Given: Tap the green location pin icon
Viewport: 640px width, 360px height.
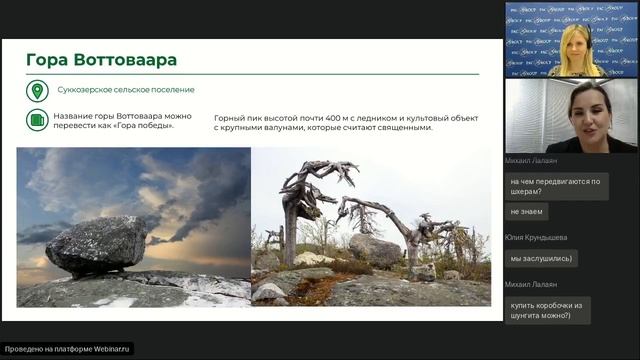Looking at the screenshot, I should click(x=37, y=90).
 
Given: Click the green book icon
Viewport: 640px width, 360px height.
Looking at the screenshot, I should click(x=37, y=120).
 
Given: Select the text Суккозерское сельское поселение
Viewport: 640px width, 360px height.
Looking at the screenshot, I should click(x=125, y=90).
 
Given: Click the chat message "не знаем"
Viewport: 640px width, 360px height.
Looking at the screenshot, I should click(x=528, y=211).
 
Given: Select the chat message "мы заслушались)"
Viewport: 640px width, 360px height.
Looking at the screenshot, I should click(x=540, y=259).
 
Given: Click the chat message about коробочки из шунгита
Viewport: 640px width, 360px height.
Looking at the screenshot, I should click(x=547, y=309).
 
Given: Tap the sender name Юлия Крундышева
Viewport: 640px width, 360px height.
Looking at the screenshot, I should click(x=536, y=237).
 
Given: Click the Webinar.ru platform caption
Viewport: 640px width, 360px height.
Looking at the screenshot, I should click(x=68, y=350).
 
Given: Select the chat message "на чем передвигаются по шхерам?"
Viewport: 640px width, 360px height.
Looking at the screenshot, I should click(x=555, y=186).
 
